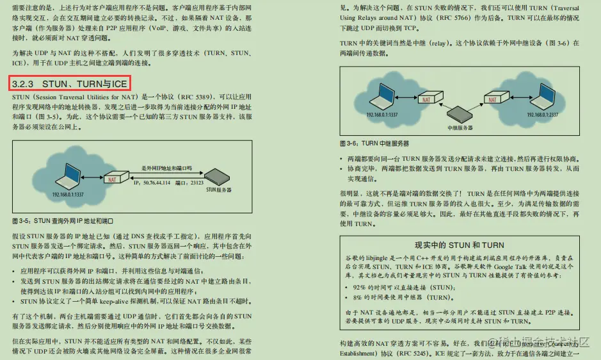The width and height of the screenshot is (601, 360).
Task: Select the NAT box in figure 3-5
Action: (x=113, y=179)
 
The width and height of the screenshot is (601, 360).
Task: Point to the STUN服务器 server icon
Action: (x=213, y=177)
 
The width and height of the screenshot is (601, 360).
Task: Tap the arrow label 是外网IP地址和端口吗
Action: (x=166, y=168)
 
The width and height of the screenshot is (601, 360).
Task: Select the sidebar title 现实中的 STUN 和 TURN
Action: (x=459, y=245)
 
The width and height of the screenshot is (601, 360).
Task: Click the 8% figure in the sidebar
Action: (x=358, y=298)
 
